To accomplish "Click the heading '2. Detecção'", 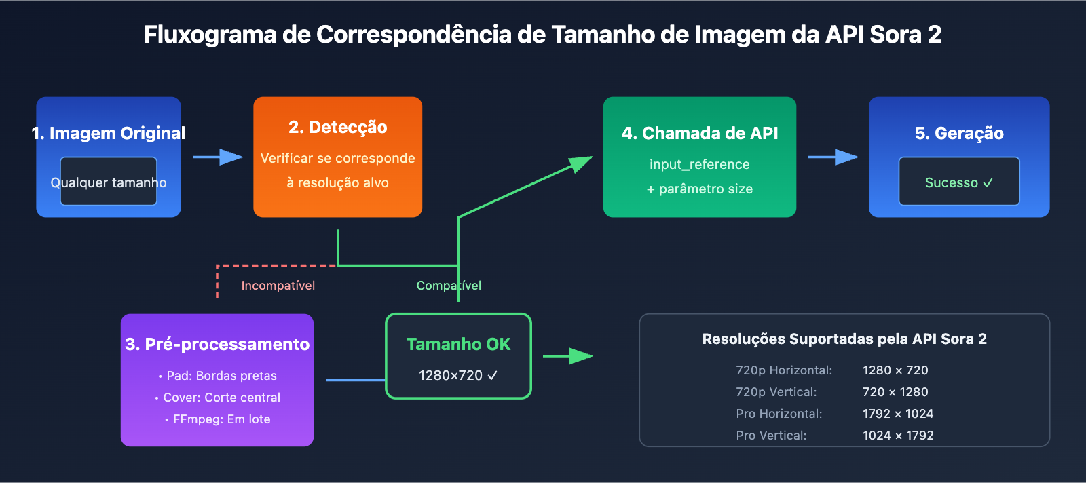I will [337, 128].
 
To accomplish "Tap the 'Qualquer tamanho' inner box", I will [109, 182].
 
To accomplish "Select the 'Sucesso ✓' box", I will [958, 182].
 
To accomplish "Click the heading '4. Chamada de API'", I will [700, 134].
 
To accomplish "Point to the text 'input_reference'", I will [699, 164].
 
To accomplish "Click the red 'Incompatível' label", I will [278, 286].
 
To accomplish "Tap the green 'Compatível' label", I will [449, 286].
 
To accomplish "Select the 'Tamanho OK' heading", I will [458, 345].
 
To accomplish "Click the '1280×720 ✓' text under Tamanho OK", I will [458, 376].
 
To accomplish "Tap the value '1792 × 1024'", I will [898, 414].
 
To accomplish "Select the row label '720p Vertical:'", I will [776, 392].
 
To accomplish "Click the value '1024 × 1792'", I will [898, 436].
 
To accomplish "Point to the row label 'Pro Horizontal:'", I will [779, 414].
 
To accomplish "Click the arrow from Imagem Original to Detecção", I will [218, 157].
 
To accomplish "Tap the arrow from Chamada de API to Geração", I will [833, 157].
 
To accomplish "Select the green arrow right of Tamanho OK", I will [567, 355].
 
